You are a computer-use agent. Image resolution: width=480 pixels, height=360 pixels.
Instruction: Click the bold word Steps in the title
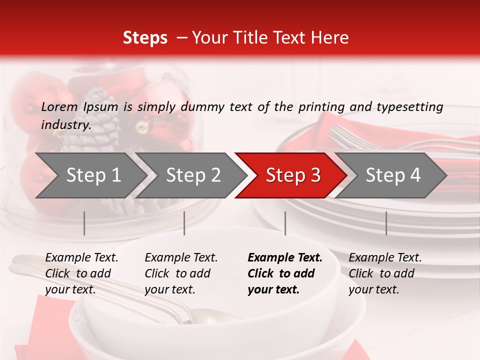coord(145,38)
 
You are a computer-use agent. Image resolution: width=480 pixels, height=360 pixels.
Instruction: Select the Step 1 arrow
coord(90,175)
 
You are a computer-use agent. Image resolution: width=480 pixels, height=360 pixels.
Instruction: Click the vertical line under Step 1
coord(84,223)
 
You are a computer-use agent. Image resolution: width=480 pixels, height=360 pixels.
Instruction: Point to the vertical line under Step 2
coord(184,223)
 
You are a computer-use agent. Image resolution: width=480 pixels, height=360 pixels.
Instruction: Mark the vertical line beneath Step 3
coord(285,223)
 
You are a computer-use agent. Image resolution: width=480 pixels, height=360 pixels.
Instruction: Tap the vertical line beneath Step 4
coord(386,223)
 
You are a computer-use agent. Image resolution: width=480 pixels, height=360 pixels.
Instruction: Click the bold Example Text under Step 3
coord(285,258)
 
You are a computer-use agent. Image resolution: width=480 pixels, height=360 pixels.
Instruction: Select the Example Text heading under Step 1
coord(81,258)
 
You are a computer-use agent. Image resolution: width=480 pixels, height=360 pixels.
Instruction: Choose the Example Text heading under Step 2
coord(181,258)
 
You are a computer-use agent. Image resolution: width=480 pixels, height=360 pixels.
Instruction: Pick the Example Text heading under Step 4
coord(385,258)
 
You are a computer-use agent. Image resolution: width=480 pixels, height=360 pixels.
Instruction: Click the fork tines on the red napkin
coord(345,134)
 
